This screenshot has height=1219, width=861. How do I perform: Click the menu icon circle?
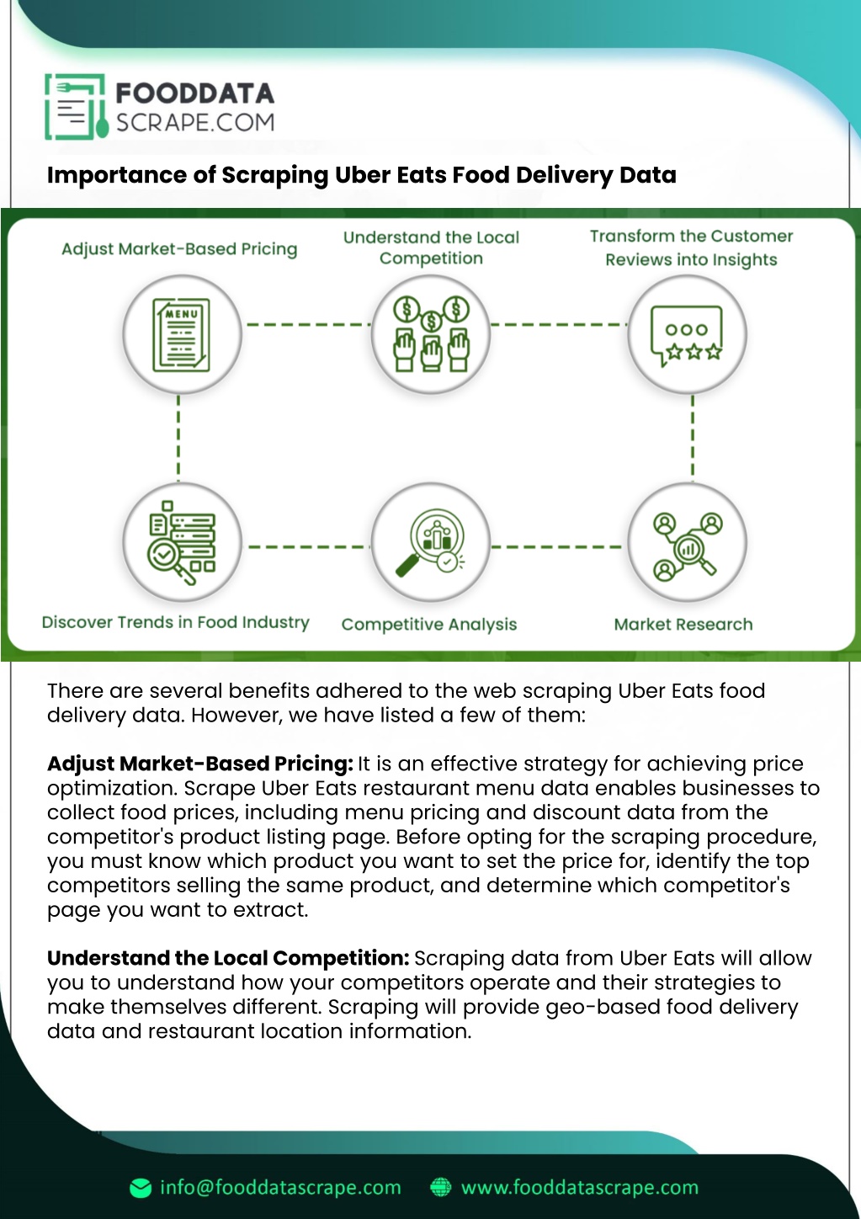[x=182, y=334]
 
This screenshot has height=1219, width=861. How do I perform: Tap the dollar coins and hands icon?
[x=431, y=334]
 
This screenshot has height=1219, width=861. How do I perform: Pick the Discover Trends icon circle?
[x=182, y=542]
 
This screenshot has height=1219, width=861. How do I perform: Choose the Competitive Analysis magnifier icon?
[x=430, y=542]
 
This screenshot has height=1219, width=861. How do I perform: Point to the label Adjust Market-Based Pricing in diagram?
[x=179, y=249]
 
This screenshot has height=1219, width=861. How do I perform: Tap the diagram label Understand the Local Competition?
[x=431, y=248]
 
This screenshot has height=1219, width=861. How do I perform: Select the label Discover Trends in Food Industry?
[x=176, y=622]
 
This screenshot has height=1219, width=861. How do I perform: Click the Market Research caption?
[x=683, y=624]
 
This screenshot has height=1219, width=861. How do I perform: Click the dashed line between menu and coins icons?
[x=308, y=325]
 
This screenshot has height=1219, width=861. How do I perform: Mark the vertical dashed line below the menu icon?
[x=178, y=435]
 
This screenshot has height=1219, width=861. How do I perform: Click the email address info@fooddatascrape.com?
[x=280, y=1187]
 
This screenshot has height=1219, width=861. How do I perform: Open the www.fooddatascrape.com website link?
[x=580, y=1187]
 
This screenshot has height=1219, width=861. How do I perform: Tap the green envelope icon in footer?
[x=141, y=1188]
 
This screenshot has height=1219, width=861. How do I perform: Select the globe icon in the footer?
[x=440, y=1188]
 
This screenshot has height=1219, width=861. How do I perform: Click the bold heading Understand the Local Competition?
[x=228, y=958]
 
